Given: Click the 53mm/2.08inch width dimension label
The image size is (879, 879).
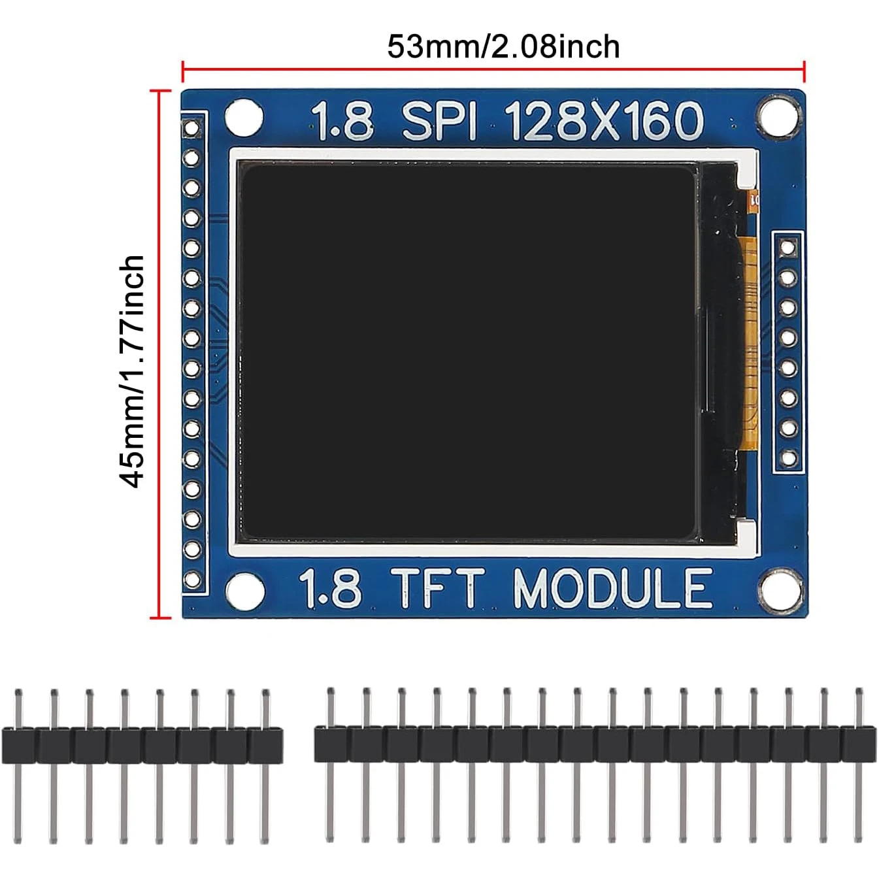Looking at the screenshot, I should (503, 46).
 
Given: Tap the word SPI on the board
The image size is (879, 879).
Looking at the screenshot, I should (439, 122).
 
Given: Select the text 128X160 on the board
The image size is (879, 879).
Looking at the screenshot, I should (604, 122).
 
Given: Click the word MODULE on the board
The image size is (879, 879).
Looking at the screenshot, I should (612, 588).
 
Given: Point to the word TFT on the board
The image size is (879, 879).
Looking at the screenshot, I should (439, 588).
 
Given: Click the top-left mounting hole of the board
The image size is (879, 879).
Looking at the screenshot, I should (244, 118).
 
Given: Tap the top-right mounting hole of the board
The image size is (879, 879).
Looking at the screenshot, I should (778, 117).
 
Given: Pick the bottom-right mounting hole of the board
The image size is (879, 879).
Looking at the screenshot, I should (780, 590).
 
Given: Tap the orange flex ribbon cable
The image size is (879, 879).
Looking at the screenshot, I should (750, 340).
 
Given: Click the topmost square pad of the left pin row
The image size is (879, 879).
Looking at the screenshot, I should (191, 127).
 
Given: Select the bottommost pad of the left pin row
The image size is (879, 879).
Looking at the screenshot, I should (192, 579).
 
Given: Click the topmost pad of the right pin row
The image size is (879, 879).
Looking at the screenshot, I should (788, 248).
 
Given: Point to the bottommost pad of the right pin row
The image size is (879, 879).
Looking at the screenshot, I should (789, 458).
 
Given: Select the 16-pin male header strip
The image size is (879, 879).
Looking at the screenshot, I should (595, 745).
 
